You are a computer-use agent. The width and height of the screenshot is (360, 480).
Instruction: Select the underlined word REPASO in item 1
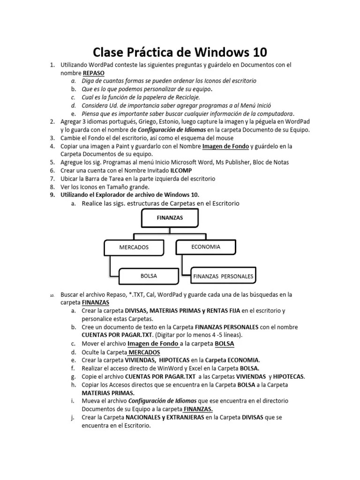(94, 73)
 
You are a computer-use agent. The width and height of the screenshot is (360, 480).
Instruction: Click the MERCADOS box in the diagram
(134, 247)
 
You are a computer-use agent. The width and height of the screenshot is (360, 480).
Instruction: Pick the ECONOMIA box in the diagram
(206, 247)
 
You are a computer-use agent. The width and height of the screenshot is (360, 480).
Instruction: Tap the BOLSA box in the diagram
(149, 276)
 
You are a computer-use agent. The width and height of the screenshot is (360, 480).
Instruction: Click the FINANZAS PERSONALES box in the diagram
(223, 277)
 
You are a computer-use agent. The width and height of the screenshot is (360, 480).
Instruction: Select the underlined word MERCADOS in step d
(144, 352)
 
